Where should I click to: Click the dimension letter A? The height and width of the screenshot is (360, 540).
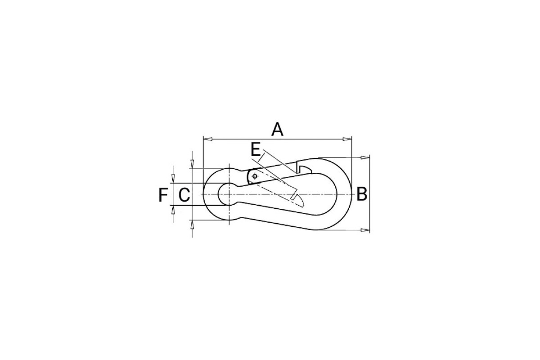click(x=277, y=130)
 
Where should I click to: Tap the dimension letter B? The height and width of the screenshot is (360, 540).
click(x=362, y=194)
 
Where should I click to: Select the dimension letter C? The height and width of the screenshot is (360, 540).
click(x=184, y=195)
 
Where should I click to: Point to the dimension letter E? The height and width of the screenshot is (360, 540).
click(x=256, y=149)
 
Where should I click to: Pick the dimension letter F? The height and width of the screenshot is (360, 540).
click(x=163, y=195)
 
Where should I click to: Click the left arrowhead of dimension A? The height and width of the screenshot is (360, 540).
click(x=208, y=139)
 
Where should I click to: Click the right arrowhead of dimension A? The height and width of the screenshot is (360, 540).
click(x=347, y=139)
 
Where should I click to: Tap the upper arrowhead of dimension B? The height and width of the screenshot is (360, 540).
click(x=365, y=157)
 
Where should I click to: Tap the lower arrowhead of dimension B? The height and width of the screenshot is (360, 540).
click(x=365, y=230)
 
